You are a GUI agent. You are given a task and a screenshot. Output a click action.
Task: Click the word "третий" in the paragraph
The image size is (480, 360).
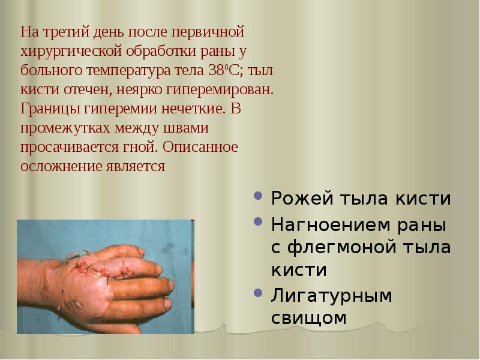(x=64, y=30)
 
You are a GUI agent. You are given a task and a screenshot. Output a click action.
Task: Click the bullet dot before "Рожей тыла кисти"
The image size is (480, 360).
(x=258, y=197)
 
